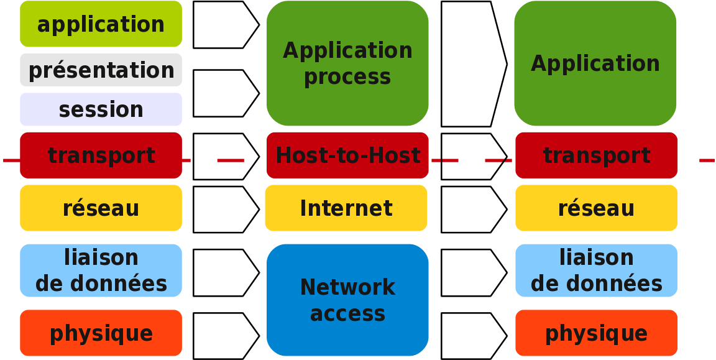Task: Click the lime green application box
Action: pos(101,24)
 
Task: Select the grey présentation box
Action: pos(101,70)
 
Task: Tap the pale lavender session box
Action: pos(101,109)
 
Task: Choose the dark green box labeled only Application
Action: pos(595,63)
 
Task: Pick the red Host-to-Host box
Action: pos(347,155)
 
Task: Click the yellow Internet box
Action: pos(346,208)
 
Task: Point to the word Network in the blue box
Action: pos(347,288)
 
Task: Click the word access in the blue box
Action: pos(347,314)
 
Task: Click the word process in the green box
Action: pos(347,78)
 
